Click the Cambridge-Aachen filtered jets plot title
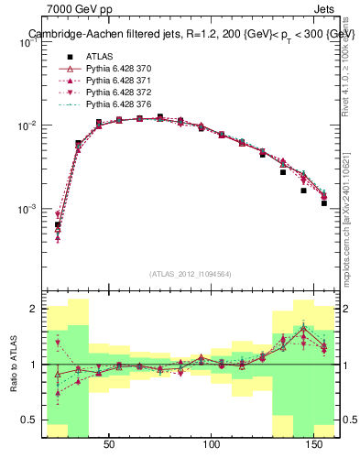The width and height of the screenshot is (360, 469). click(191, 33)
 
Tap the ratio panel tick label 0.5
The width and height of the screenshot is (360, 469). click(29, 420)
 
